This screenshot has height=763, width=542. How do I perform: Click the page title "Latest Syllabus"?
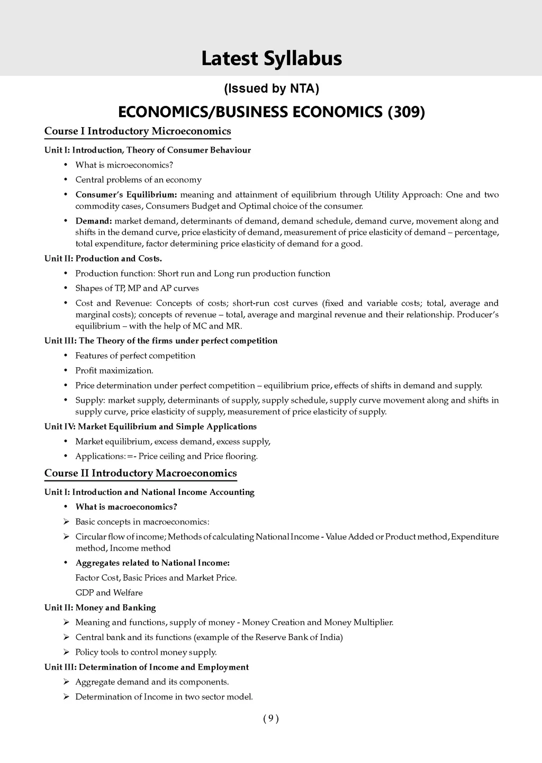pyautogui.click(x=271, y=58)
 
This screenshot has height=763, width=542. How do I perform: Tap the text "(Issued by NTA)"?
pyautogui.click(x=271, y=88)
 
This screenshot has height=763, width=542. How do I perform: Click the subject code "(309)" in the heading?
pyautogui.click(x=406, y=112)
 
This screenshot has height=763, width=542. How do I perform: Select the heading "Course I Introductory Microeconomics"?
pyautogui.click(x=138, y=131)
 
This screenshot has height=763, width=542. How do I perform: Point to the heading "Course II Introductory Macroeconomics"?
pyautogui.click(x=140, y=473)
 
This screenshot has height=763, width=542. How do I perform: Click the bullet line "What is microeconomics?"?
pyautogui.click(x=124, y=165)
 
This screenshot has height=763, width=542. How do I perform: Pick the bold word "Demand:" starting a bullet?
pyautogui.click(x=94, y=221)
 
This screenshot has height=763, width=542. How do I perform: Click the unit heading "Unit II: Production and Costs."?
pyautogui.click(x=103, y=259)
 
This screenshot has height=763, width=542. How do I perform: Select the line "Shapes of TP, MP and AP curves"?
pyautogui.click(x=137, y=288)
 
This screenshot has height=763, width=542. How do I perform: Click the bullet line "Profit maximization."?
pyautogui.click(x=114, y=370)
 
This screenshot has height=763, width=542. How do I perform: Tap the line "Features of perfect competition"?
pyautogui.click(x=135, y=356)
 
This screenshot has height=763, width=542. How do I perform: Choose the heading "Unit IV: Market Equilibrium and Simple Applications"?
pyautogui.click(x=150, y=427)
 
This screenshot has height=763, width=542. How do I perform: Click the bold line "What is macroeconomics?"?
pyautogui.click(x=126, y=507)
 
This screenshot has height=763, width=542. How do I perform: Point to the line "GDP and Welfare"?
pyautogui.click(x=109, y=592)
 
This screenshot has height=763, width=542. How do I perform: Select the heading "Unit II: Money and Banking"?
pyautogui.click(x=100, y=607)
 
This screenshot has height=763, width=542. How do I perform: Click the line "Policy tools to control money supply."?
pyautogui.click(x=146, y=652)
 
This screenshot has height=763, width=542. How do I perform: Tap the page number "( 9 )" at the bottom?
pyautogui.click(x=270, y=718)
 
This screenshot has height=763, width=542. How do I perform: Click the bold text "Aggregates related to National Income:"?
pyautogui.click(x=152, y=563)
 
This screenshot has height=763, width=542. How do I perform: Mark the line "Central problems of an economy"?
pyautogui.click(x=138, y=180)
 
